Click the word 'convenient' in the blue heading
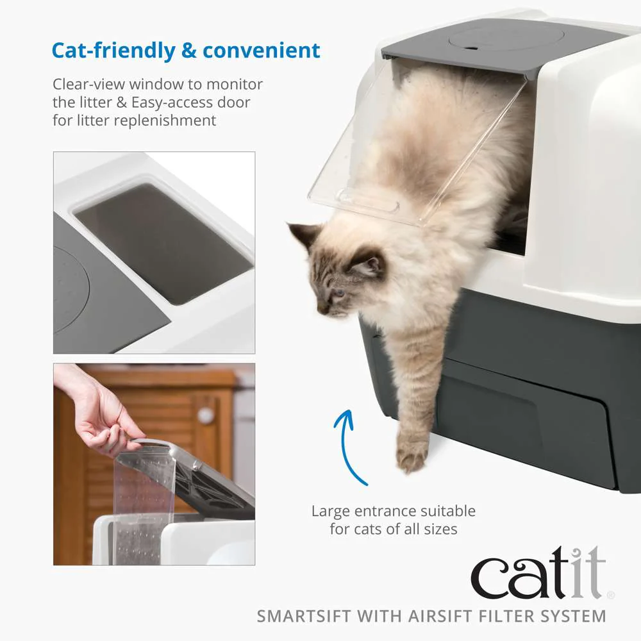coord(262,51)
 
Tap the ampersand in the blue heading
coord(189,51)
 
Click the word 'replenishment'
coord(165,121)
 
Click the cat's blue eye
coord(339,293)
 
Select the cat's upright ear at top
coord(303,235)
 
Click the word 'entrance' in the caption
coord(385,511)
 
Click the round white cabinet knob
coord(206,415)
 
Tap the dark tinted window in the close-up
coord(163,243)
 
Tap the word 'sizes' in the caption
coord(440,529)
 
